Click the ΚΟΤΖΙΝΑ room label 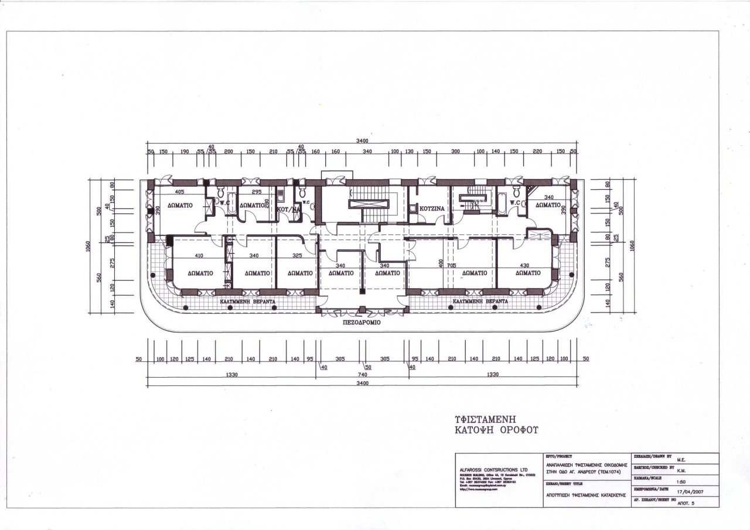pos(431,208)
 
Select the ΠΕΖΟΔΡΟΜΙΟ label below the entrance pos(362,322)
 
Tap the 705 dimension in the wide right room pos(451,265)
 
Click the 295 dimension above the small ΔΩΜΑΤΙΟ pos(256,192)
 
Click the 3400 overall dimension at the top pos(362,141)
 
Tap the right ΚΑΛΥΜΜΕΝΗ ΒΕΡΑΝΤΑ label pos(476,302)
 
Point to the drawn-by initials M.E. pos(681,459)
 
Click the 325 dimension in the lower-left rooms pos(297,255)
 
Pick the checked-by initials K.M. pos(681,470)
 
